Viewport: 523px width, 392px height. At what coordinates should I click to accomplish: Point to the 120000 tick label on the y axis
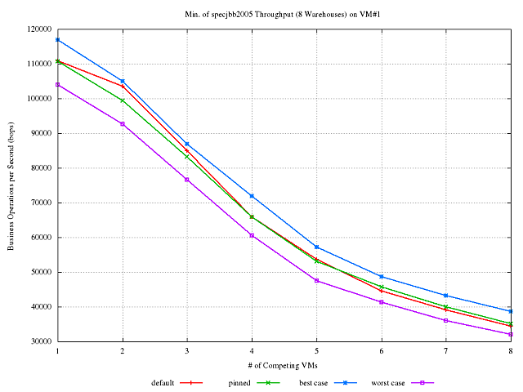point(37,29)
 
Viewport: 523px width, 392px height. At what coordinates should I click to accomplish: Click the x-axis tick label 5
point(316,350)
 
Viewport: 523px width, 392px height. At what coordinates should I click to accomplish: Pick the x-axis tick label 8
point(511,350)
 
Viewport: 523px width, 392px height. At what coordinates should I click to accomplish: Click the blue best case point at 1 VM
point(57,39)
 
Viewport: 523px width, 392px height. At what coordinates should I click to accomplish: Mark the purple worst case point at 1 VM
point(57,84)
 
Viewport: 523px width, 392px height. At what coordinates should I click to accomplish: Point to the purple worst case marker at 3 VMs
point(187,179)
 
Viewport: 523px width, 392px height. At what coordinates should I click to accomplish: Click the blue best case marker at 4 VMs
point(252,196)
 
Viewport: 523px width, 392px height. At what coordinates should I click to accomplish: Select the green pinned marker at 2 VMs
point(123,100)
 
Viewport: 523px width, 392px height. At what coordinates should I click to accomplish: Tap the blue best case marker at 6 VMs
point(381,276)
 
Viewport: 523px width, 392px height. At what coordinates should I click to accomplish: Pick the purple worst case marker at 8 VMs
point(511,334)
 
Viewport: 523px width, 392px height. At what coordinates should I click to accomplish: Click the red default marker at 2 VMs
point(123,86)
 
